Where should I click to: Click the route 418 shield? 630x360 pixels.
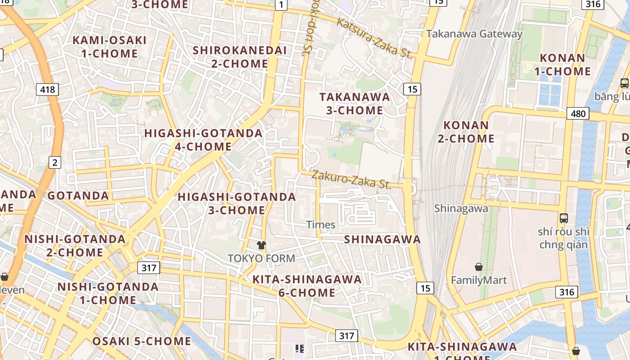[x=47, y=90]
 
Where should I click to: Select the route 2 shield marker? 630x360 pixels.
[x=54, y=162]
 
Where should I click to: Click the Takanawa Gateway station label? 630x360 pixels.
[x=474, y=34]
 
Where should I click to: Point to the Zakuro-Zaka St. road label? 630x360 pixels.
[x=351, y=179]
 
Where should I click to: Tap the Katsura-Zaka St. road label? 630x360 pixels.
[x=374, y=38]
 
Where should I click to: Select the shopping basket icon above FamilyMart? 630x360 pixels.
[x=479, y=267]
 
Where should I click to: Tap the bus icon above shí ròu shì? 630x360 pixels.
[x=563, y=218]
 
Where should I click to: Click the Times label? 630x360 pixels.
[x=320, y=225]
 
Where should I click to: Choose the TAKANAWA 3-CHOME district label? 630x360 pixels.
[x=355, y=103]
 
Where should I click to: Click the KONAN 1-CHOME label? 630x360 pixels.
[x=562, y=65]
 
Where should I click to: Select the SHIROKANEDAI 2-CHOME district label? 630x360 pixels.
[x=239, y=57]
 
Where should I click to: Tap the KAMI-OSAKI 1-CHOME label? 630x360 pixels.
[x=110, y=47]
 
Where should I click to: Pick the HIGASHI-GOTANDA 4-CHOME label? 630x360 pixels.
[x=203, y=140]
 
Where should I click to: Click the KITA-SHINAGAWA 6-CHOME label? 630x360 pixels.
[x=307, y=286]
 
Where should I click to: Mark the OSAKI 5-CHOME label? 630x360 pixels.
[x=142, y=341]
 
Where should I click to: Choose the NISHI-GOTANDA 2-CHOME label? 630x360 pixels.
[x=75, y=245]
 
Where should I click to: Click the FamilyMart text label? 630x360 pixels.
[x=479, y=280]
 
